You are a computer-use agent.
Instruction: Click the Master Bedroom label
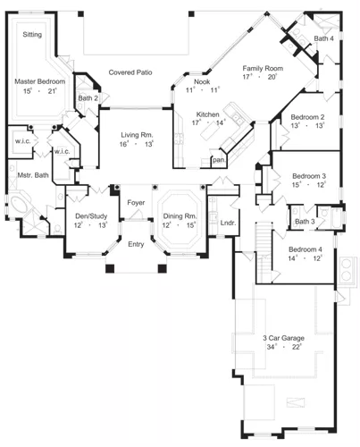pos(40,81)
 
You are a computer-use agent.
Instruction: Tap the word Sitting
pos(32,35)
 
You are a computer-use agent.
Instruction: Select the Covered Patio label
pos(130,72)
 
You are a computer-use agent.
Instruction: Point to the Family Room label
pos(263,68)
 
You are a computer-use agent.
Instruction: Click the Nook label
pos(202,81)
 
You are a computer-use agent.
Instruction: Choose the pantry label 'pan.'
pos(219,160)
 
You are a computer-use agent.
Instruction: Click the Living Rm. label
pos(137,135)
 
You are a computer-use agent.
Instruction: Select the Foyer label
pos(136,203)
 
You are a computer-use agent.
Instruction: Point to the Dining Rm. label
pos(180,216)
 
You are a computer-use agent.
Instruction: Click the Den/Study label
pos(91,216)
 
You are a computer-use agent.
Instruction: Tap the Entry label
pos(136,244)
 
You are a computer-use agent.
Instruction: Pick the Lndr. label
pos(228,223)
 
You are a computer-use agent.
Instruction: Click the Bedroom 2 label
pos(307,117)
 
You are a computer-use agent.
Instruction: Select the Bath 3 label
pos(305,222)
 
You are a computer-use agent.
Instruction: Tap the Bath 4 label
pos(324,38)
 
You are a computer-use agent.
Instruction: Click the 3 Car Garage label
pos(283,338)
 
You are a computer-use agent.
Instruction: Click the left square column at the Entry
pos(110,268)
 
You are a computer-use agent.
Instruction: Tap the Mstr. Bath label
pos(33,175)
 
